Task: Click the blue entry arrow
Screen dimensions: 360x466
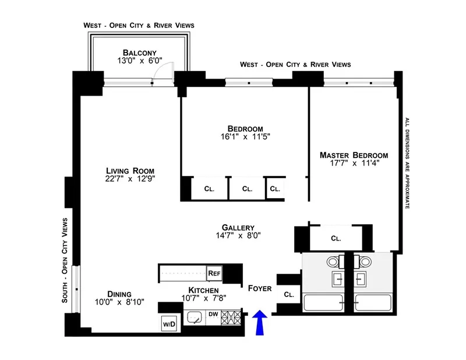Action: click(260, 323)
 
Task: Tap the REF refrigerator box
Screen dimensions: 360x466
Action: click(214, 273)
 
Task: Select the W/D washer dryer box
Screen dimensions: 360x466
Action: click(168, 324)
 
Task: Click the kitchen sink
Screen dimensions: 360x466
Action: click(194, 318)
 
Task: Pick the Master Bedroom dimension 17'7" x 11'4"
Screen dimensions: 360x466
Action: click(354, 165)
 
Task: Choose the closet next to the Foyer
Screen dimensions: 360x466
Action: click(289, 294)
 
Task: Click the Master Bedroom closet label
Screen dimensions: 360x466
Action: click(336, 238)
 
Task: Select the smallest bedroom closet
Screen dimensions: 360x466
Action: click(274, 189)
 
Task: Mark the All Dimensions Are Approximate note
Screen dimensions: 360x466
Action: click(407, 164)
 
